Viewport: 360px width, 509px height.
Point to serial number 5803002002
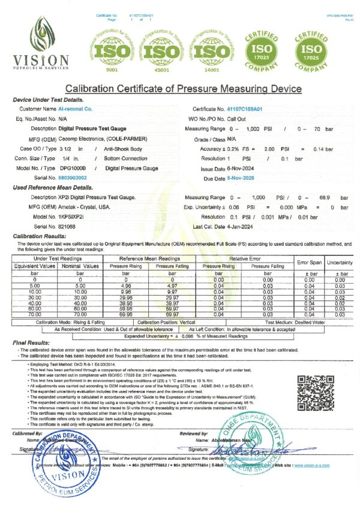71,178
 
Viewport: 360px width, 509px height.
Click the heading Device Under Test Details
48,100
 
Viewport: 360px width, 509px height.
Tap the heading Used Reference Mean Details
52,188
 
